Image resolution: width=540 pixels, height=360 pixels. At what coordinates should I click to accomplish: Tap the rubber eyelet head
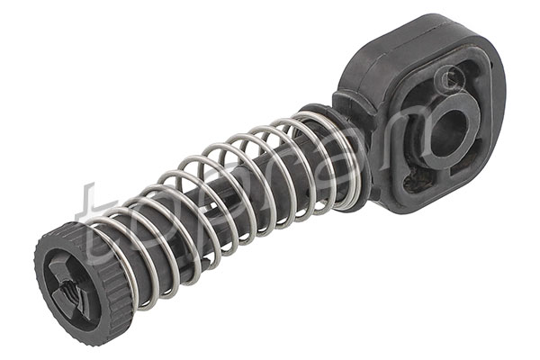pyautogui.click(x=432, y=117)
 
